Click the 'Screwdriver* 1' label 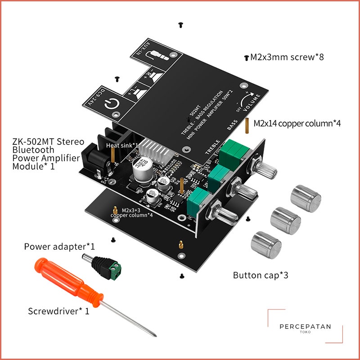pos(58,311)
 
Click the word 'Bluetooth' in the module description pos(33,150)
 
